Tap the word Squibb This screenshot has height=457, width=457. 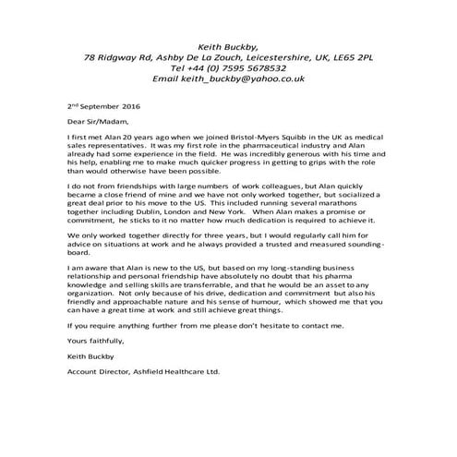(x=282, y=136)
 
